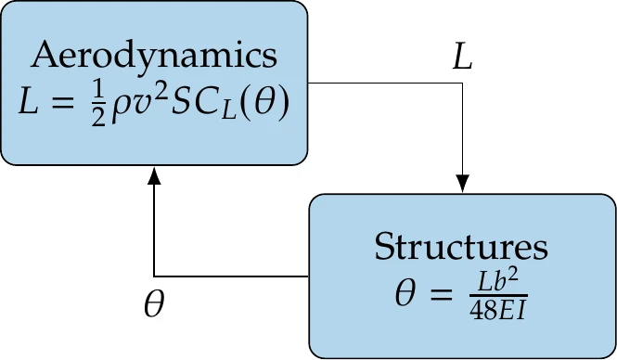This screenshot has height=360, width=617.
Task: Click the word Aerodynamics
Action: coord(154,56)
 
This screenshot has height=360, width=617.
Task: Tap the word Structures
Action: coord(460,248)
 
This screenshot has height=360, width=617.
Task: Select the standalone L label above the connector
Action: coord(461,58)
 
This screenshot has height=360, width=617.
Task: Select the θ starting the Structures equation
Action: coord(405,294)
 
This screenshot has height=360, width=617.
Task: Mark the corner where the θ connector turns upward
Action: coord(154,276)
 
